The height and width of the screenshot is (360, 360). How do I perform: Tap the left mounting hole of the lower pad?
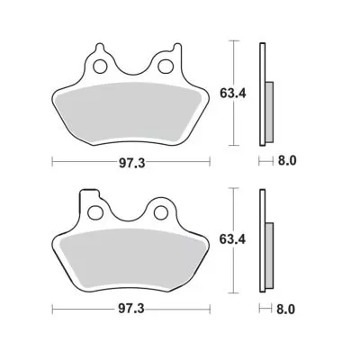[97, 212]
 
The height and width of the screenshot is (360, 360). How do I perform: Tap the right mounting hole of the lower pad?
[163, 212]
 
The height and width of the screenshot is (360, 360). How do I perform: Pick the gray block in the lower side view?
[268, 257]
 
